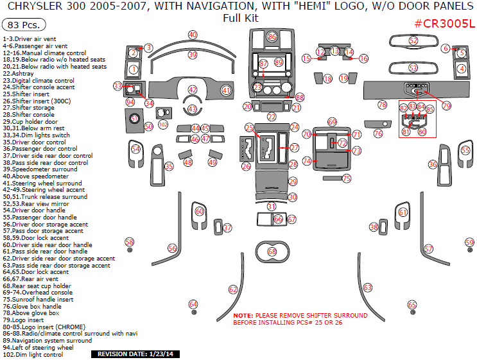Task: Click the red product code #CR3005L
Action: pyautogui.click(x=444, y=24)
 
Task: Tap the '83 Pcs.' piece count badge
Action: pyautogui.click(x=24, y=25)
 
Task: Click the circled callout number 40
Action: pyautogui.click(x=193, y=35)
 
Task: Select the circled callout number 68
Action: pyautogui.click(x=272, y=252)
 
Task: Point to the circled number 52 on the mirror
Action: pyautogui.click(x=413, y=41)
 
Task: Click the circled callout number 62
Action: pyautogui.click(x=233, y=290)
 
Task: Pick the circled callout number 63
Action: pyautogui.click(x=368, y=287)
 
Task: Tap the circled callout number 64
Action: pyautogui.click(x=193, y=304)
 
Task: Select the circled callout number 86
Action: pyautogui.click(x=272, y=37)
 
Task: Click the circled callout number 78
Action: pyautogui.click(x=382, y=105)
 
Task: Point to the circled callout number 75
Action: pyautogui.click(x=347, y=178)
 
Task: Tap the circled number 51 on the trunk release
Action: pyautogui.click(x=134, y=118)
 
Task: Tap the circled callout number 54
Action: pyautogui.click(x=135, y=149)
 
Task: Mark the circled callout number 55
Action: pyautogui.click(x=465, y=150)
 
